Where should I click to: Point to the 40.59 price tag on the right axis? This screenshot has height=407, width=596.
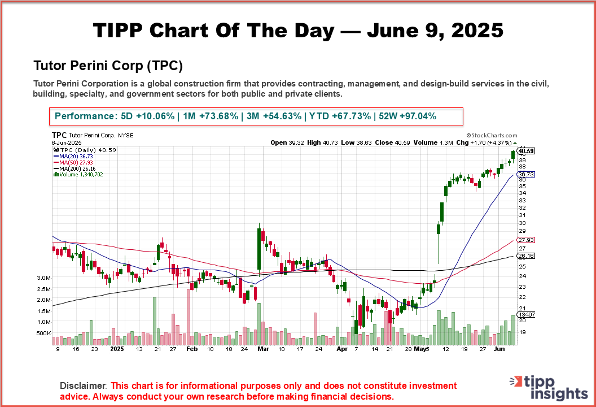click(x=526, y=151)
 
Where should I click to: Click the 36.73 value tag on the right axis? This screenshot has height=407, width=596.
click(x=526, y=175)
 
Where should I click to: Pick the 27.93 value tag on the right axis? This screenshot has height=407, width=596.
click(x=526, y=240)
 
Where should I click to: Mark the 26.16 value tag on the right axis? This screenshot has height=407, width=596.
click(x=526, y=256)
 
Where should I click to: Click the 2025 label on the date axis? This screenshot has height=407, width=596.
click(x=117, y=349)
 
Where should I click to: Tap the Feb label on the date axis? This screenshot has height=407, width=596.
click(x=192, y=349)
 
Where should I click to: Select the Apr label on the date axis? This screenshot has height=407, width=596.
click(x=341, y=349)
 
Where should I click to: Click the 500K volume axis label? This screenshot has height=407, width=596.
click(x=44, y=334)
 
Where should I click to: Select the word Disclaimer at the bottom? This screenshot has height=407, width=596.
click(x=84, y=386)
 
